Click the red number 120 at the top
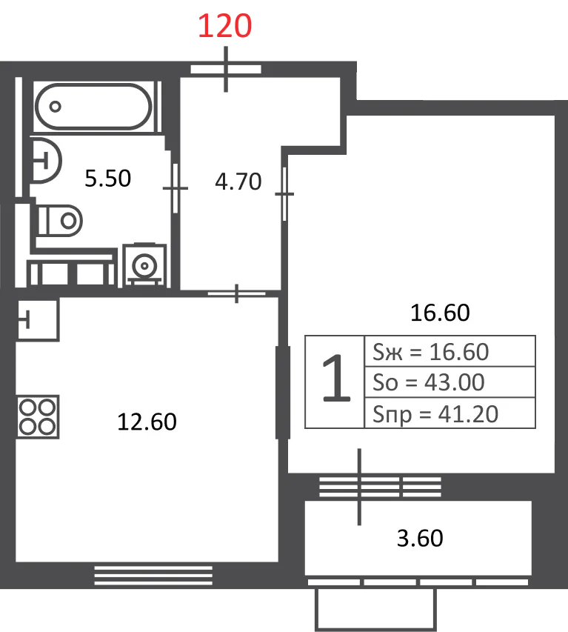click(225, 26)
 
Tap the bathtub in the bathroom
click(93, 107)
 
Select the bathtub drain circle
click(56, 107)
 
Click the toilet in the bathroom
click(60, 221)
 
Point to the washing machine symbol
click(144, 265)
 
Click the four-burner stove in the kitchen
click(38, 417)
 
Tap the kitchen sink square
click(39, 319)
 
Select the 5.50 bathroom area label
click(108, 178)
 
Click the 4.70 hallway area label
click(238, 181)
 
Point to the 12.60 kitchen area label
click(147, 422)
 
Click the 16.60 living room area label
click(440, 313)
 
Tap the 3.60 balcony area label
click(420, 538)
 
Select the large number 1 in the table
click(336, 379)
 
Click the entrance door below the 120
click(226, 70)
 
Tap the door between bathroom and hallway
click(176, 188)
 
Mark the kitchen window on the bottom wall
click(153, 575)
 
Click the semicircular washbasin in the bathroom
click(45, 161)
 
